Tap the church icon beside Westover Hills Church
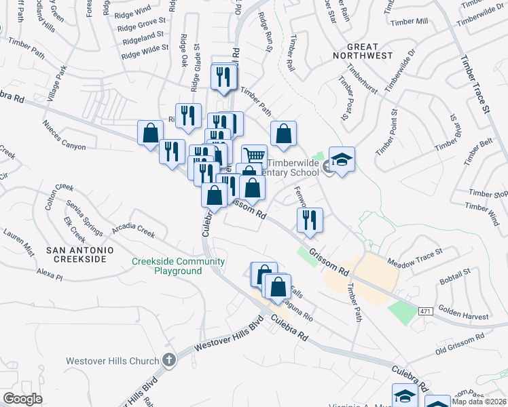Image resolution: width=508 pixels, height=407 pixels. point(168,360)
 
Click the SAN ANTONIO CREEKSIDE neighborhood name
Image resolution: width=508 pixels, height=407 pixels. point(76,254)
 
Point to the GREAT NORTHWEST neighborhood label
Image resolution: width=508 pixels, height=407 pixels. point(363,55)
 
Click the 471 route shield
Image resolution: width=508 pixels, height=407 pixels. point(426,311)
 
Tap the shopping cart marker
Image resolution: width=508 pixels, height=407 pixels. point(254,156)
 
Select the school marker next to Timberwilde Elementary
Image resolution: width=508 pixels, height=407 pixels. point(342,160)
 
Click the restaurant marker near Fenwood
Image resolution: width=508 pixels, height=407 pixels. point(310,220)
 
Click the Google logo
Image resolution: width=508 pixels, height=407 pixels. point(22,399)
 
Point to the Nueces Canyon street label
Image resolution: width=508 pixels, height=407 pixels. point(64,135)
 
